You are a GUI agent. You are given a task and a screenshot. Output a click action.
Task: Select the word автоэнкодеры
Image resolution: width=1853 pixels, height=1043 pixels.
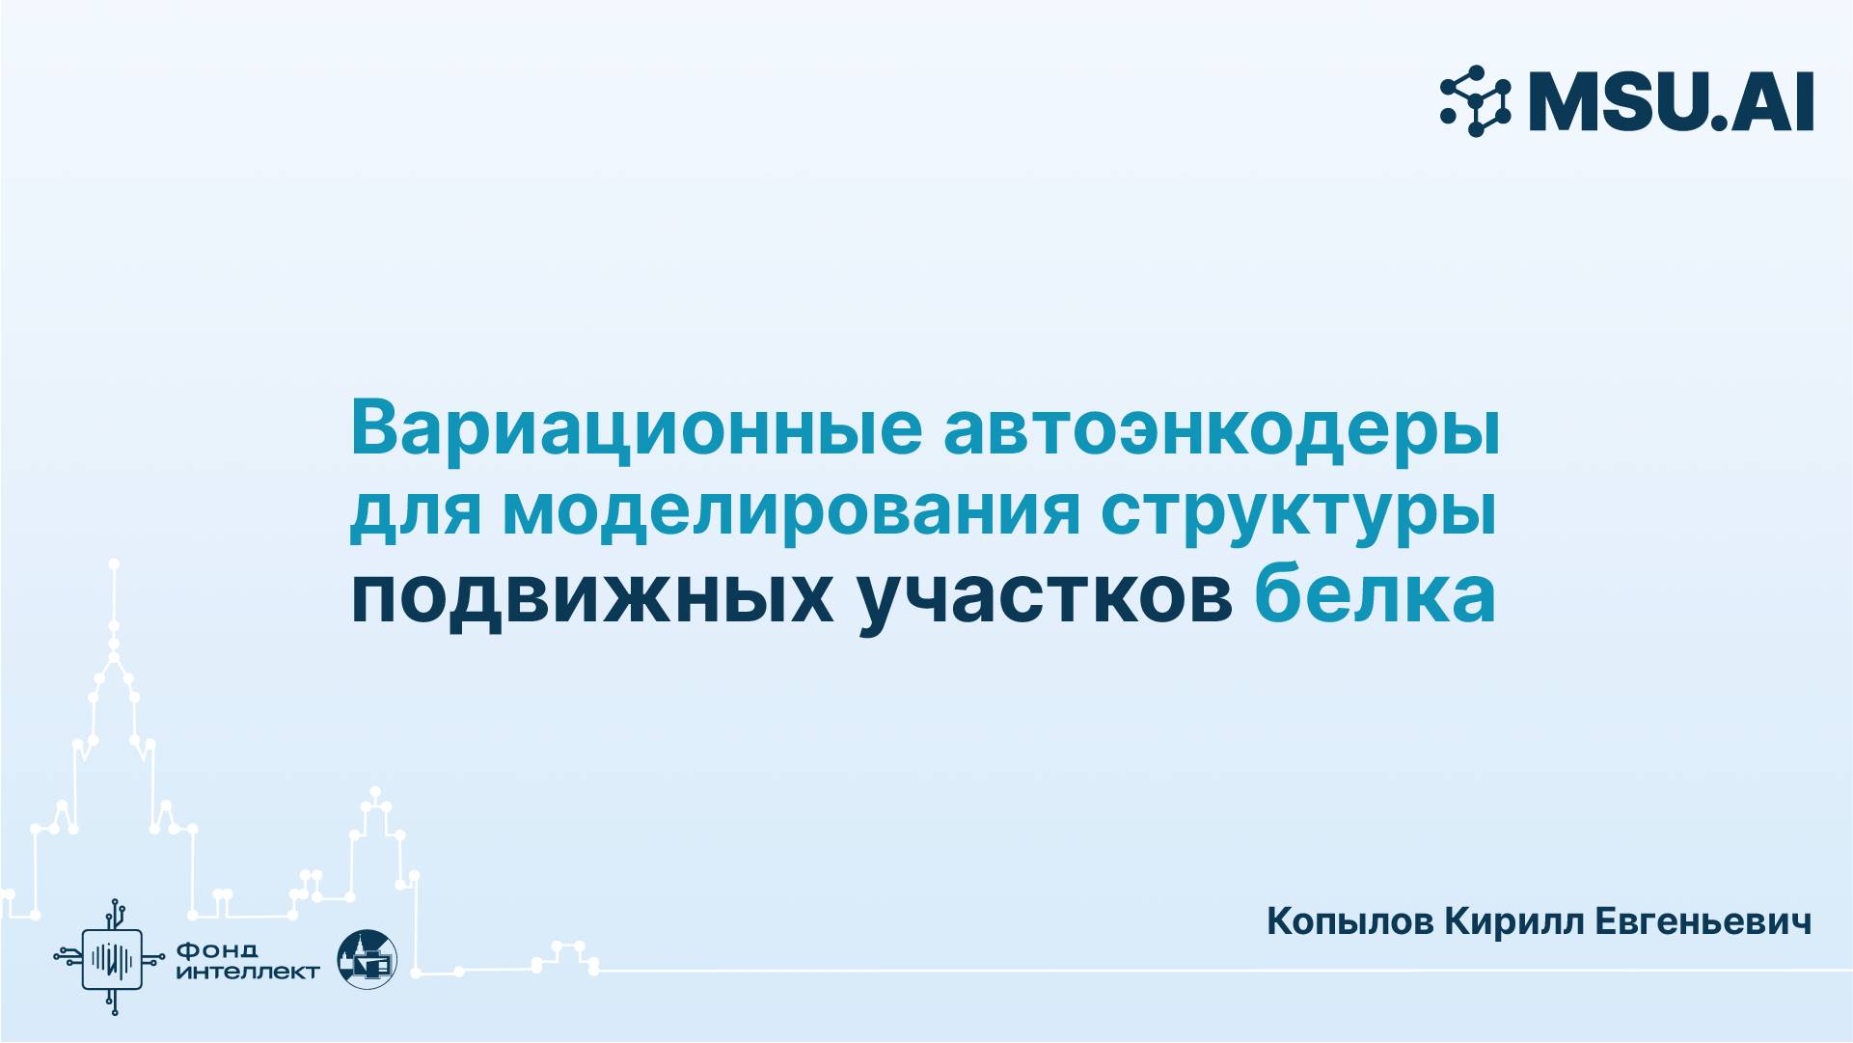[1221, 428]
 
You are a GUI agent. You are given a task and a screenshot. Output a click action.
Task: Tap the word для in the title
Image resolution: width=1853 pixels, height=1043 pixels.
[415, 511]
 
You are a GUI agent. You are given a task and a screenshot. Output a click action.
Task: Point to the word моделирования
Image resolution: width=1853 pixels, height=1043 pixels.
[790, 511]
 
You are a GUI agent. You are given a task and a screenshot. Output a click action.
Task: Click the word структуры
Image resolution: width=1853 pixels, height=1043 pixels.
[1298, 511]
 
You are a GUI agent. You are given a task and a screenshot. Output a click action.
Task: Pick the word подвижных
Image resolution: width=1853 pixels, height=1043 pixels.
[591, 596]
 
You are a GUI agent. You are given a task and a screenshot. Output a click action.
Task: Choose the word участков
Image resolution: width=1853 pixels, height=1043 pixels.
[1045, 596]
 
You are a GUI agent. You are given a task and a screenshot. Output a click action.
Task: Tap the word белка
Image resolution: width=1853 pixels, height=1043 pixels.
[1375, 596]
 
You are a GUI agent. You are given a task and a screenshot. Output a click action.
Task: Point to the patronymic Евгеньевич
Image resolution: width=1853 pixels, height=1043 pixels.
[1703, 921]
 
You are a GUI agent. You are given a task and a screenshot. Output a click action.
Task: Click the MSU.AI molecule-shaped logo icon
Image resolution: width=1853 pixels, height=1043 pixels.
[1476, 100]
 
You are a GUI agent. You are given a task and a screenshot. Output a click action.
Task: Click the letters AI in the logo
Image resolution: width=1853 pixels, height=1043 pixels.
[1772, 101]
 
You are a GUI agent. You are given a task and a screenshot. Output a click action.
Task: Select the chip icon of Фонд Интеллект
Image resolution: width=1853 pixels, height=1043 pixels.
[113, 958]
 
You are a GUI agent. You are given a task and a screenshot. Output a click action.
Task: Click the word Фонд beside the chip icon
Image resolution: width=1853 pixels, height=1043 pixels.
[217, 949]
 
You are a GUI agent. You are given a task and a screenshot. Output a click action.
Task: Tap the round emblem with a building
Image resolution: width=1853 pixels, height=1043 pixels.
[367, 958]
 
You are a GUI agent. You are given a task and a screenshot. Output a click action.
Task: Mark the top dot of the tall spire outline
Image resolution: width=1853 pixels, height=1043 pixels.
[114, 563]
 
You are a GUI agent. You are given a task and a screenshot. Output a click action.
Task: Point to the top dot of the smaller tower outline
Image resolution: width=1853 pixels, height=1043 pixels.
[375, 791]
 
